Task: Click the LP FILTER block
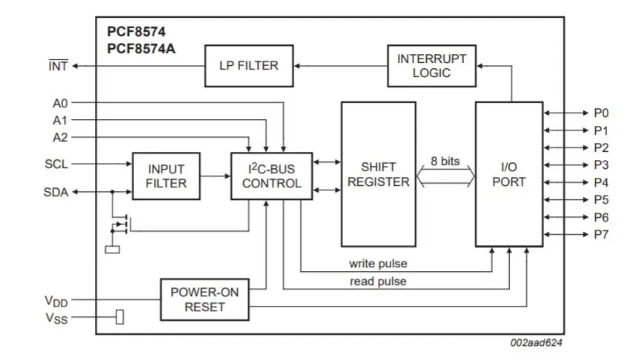tap(248, 66)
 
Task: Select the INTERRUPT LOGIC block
tap(431, 66)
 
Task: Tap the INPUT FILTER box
tap(166, 176)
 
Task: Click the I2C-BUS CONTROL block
tap(271, 176)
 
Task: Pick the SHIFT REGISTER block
tap(378, 174)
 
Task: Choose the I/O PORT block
tap(508, 174)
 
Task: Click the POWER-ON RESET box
tap(205, 299)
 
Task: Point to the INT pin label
tap(58, 66)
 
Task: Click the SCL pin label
tap(56, 164)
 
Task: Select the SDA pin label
tap(56, 193)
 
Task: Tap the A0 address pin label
tap(60, 104)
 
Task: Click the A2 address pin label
tap(60, 137)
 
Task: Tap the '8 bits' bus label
tap(445, 161)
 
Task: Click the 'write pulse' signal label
tap(377, 264)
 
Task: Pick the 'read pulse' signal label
tap(377, 281)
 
